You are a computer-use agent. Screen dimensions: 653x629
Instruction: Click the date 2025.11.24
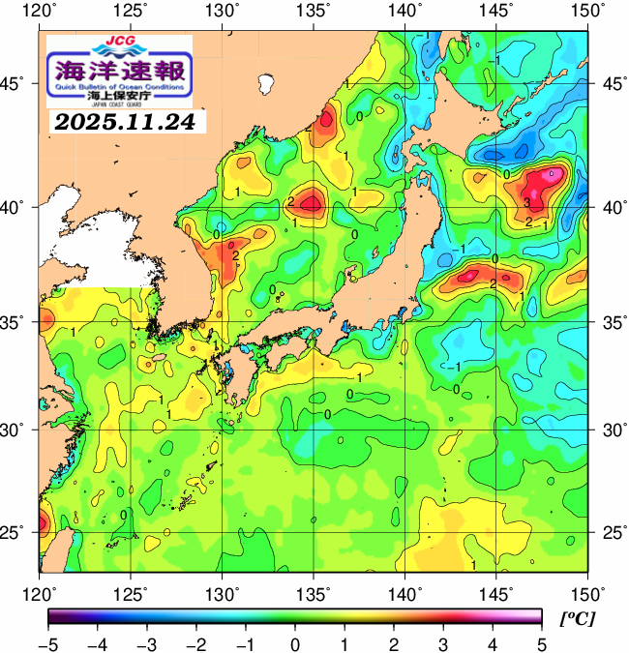click(124, 123)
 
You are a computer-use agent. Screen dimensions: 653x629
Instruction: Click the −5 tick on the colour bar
click(47, 644)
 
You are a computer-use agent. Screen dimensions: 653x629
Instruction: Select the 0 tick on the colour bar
click(294, 644)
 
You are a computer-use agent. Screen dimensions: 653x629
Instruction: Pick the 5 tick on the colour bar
click(541, 644)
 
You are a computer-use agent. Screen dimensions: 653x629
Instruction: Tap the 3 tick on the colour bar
click(442, 644)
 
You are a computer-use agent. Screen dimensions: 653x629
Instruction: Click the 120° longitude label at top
click(40, 12)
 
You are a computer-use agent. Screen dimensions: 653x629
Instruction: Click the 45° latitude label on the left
click(18, 83)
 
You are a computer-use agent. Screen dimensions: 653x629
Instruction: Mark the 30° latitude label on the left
click(18, 429)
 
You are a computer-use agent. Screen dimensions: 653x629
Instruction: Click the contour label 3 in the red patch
click(526, 202)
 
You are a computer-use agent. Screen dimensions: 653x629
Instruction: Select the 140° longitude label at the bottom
click(404, 592)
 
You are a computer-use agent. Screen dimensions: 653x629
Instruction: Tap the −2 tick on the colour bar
click(195, 644)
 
